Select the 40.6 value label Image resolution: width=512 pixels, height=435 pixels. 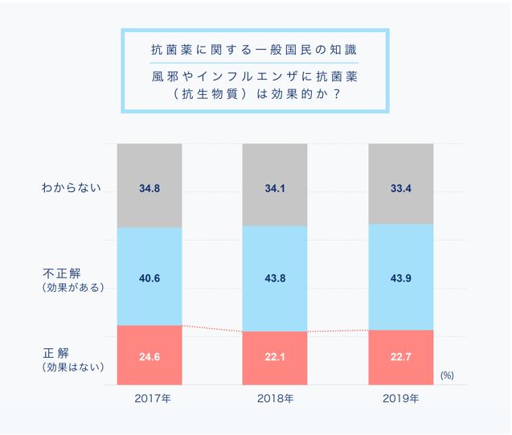coord(149,278)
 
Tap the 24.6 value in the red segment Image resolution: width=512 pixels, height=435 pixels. coord(149,356)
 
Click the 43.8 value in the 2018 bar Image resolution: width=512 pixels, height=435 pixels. coord(275,278)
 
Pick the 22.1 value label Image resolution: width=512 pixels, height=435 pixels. coord(275,356)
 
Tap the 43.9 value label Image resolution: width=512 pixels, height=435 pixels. coord(400,278)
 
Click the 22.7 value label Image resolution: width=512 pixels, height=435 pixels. coord(400,356)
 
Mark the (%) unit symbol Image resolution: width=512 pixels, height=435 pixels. coord(448,375)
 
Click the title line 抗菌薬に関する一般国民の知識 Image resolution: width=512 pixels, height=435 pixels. coord(254,50)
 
